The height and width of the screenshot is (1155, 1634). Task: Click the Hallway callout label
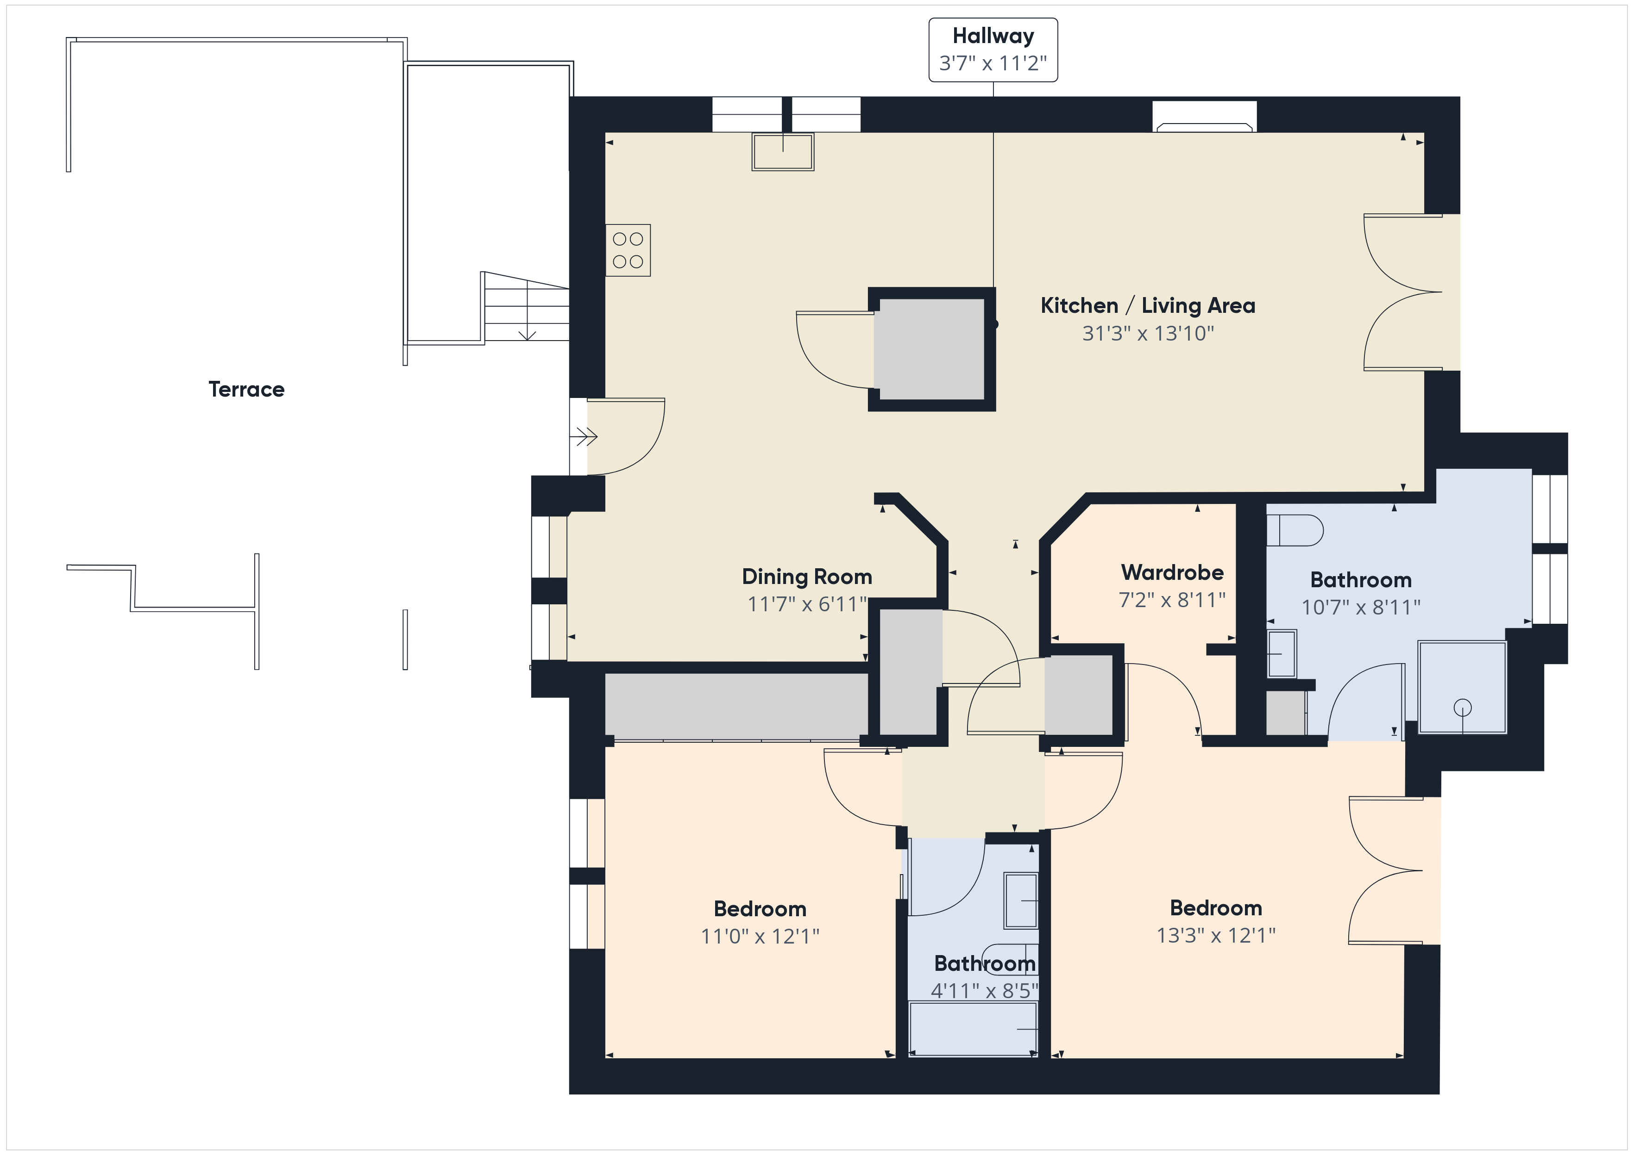(x=993, y=50)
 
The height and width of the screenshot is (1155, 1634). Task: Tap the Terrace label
(x=246, y=389)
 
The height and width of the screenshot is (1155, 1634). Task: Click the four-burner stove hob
(x=628, y=250)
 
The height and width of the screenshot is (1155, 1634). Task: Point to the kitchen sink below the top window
(x=783, y=151)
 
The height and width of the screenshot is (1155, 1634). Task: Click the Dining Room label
(x=807, y=576)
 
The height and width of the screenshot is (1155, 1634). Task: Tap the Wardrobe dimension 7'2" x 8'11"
(x=1172, y=600)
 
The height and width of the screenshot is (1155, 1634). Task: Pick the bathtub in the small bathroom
(x=973, y=1028)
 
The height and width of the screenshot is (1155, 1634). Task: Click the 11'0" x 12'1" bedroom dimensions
(x=760, y=936)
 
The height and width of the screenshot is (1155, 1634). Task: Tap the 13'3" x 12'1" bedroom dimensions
(x=1216, y=935)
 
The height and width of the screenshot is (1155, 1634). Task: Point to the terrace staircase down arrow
(x=527, y=310)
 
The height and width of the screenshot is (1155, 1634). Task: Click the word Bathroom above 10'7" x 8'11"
(x=1361, y=580)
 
